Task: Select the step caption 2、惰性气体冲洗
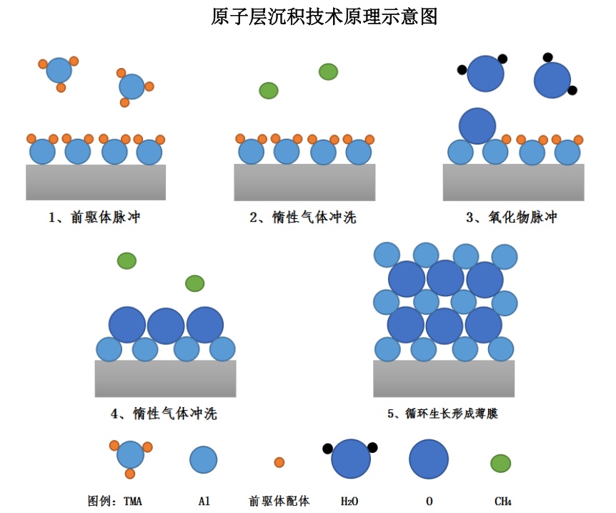[x=303, y=218]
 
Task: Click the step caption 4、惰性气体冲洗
[x=164, y=414]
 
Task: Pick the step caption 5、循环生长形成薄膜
[x=442, y=414]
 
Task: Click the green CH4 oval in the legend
[x=500, y=463]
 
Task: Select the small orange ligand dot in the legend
[x=279, y=462]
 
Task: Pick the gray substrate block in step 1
[x=96, y=182]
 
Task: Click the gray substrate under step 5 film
[x=444, y=378]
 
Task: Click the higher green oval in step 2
[x=328, y=72]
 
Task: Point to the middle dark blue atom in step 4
[x=166, y=326]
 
